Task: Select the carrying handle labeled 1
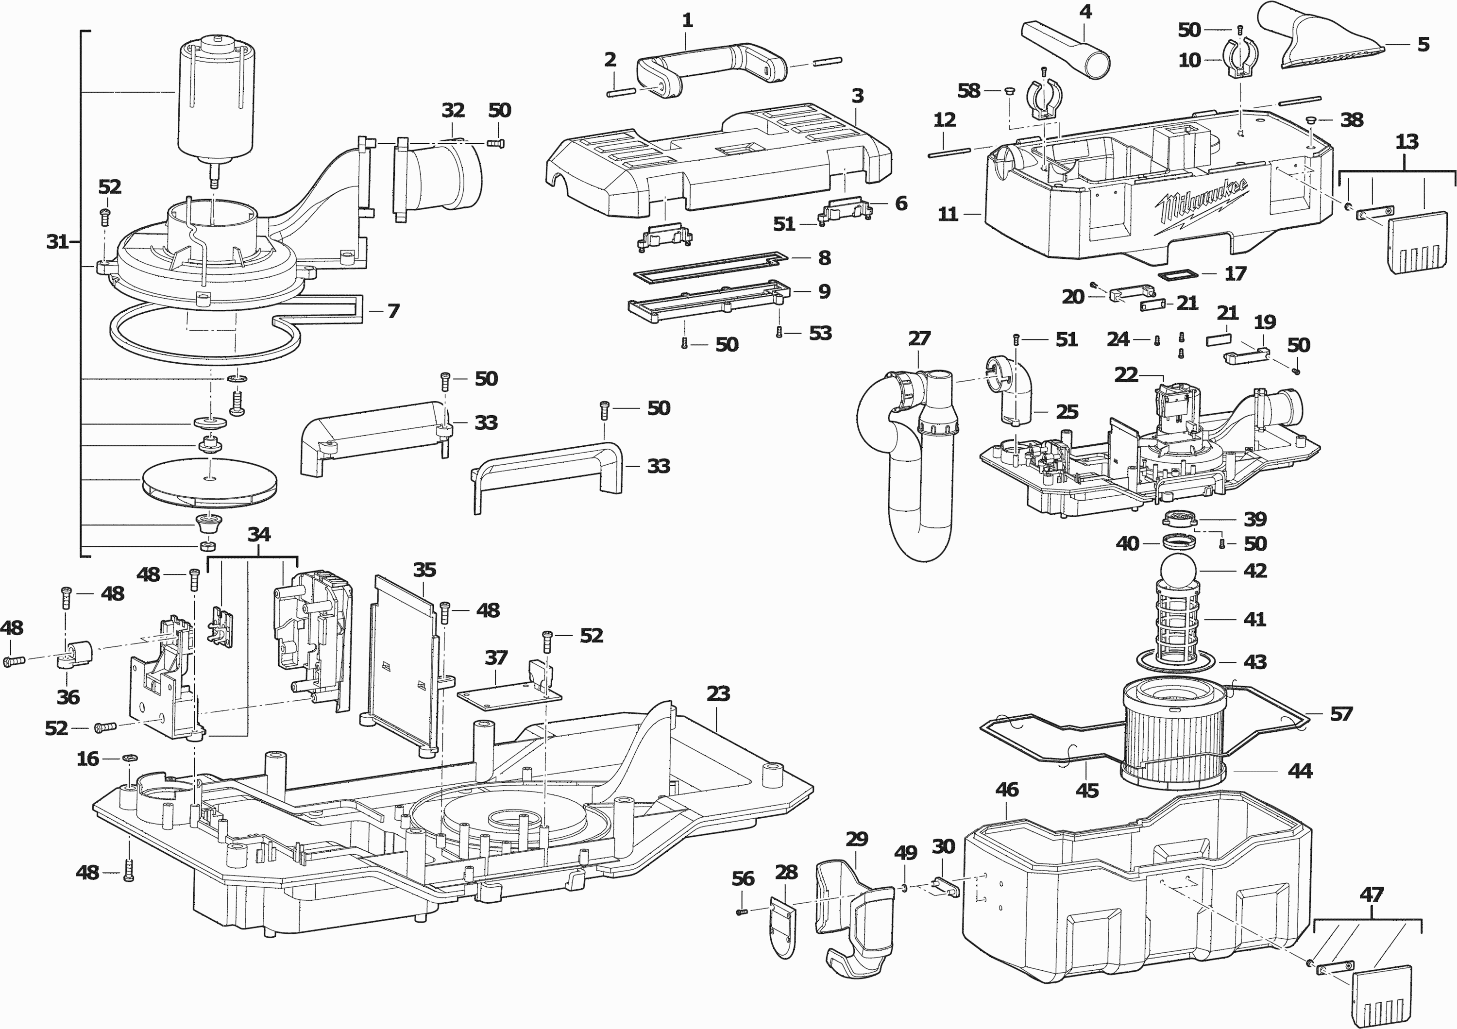click(711, 67)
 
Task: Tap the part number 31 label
click(57, 242)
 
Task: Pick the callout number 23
click(718, 693)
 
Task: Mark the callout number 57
click(1341, 714)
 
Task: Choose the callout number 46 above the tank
click(1007, 790)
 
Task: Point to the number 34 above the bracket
click(259, 534)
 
